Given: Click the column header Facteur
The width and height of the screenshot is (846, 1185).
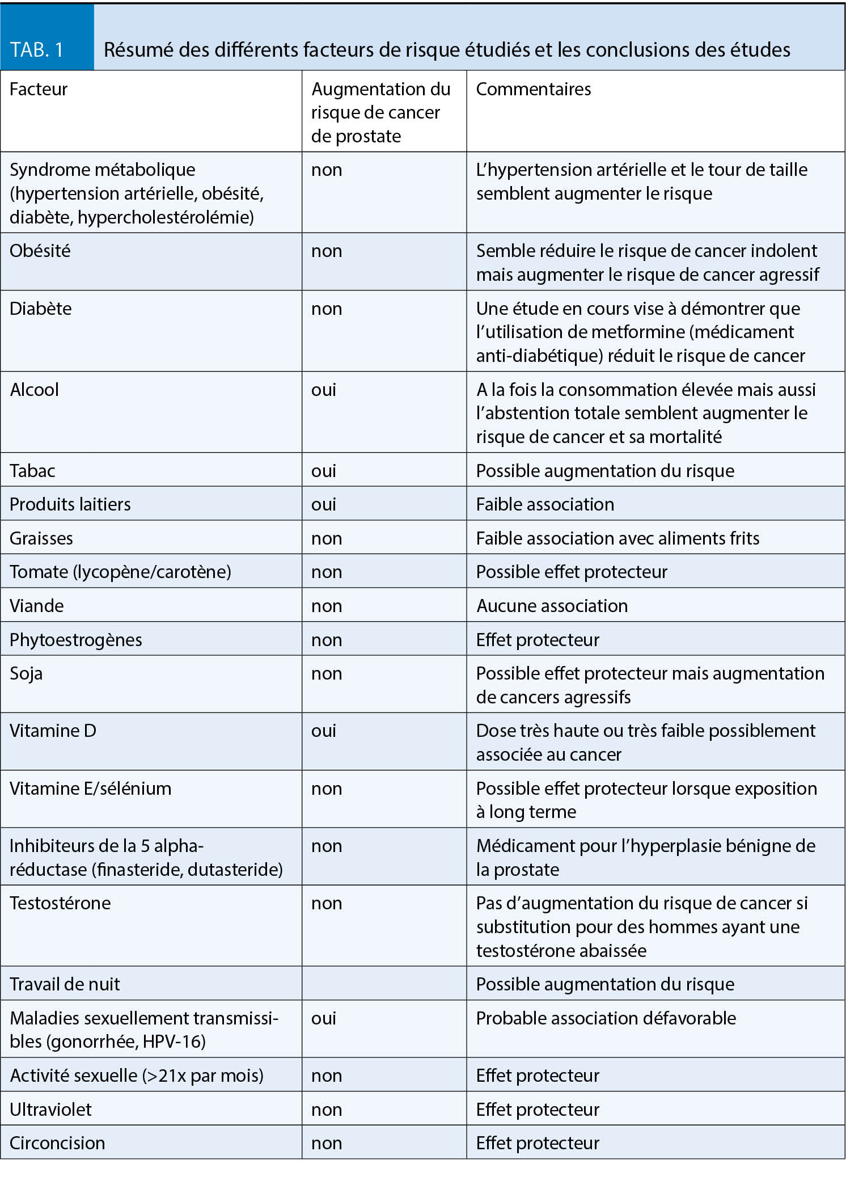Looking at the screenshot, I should tap(39, 90).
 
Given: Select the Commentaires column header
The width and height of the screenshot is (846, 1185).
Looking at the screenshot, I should tap(533, 90).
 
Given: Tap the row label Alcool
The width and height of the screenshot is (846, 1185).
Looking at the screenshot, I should tap(35, 390).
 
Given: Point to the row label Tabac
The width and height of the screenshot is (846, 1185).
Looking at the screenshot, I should tap(32, 471).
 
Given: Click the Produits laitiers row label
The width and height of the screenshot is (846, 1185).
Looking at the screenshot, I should tap(70, 504).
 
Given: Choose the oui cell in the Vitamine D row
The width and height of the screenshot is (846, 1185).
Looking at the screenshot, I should tap(324, 731).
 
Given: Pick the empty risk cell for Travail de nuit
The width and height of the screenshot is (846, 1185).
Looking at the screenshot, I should tap(384, 984).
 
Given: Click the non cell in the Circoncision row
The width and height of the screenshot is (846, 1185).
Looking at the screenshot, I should tap(327, 1142).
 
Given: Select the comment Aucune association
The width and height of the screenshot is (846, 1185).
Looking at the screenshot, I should tap(552, 606).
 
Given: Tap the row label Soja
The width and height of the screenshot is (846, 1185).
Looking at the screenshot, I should tap(26, 673).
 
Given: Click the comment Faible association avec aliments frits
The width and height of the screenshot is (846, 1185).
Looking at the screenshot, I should tap(617, 538).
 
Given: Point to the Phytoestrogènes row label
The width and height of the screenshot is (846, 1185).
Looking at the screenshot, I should tap(75, 640).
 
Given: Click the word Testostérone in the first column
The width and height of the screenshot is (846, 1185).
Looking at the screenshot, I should tap(60, 903).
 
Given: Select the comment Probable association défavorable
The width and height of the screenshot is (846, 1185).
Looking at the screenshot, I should tap(606, 1018).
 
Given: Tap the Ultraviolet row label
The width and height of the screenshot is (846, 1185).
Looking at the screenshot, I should tap(50, 1109).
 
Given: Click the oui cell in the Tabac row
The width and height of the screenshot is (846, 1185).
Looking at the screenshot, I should tap(324, 471).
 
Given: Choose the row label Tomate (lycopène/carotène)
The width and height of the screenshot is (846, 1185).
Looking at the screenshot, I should tap(120, 572).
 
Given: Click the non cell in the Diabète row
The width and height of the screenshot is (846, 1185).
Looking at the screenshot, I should tap(327, 309).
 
